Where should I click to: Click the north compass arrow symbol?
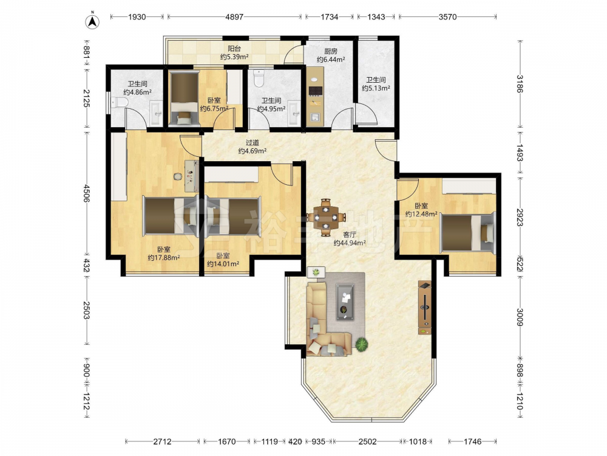[x=92, y=21]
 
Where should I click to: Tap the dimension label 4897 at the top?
[x=234, y=16]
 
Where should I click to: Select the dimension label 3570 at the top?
[x=447, y=16]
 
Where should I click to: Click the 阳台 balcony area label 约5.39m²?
[x=234, y=57]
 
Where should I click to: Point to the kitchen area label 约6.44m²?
[x=331, y=60]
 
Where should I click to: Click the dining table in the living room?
[x=325, y=218]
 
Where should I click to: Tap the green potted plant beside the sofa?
[x=362, y=344]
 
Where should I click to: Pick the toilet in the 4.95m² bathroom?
[x=258, y=78]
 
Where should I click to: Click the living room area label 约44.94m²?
[x=350, y=243]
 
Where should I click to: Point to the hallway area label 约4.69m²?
[x=252, y=151]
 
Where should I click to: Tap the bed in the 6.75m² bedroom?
[x=185, y=98]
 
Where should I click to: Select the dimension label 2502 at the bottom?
[x=367, y=441]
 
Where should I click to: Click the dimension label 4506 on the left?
[x=86, y=193]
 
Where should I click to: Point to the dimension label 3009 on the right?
[x=520, y=317]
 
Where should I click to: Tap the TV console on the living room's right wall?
[x=425, y=308]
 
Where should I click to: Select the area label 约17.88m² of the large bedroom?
[x=164, y=257]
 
